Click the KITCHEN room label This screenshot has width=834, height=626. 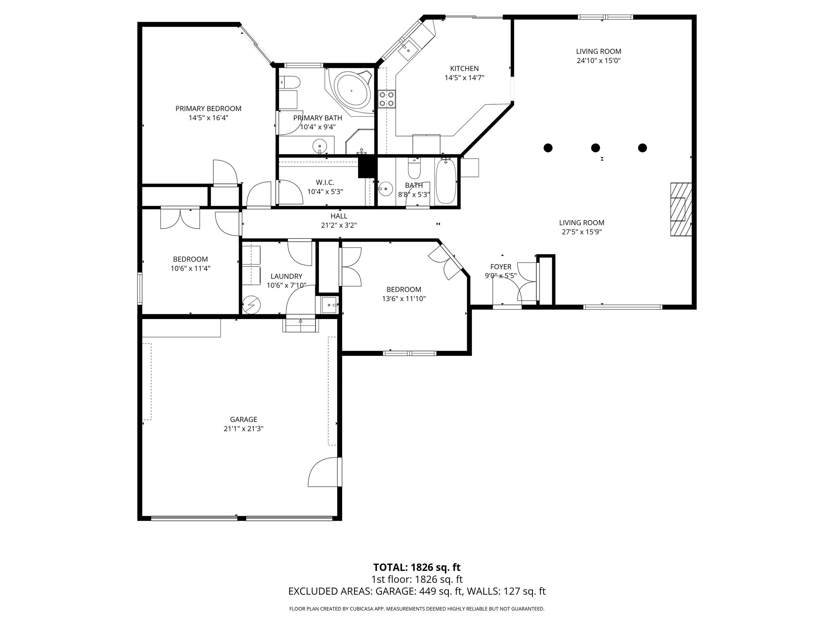coord(464,68)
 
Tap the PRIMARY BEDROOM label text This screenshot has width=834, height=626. coord(208,108)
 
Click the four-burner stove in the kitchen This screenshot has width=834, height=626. coord(387,98)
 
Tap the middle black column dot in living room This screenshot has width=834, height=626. coord(595,148)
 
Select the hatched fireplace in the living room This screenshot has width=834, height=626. coord(681,209)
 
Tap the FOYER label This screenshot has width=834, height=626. coord(500,267)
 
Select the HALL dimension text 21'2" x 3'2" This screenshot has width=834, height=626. coord(339,225)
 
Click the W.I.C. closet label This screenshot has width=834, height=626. coord(325,182)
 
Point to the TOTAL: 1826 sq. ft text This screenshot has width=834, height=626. coord(417,567)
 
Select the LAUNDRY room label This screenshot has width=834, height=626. coord(286,276)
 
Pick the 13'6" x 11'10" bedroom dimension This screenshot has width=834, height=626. coord(404,298)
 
